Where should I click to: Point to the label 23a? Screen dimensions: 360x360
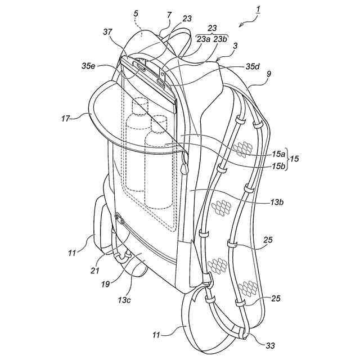[202, 39]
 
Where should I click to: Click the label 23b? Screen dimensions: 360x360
[220, 39]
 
